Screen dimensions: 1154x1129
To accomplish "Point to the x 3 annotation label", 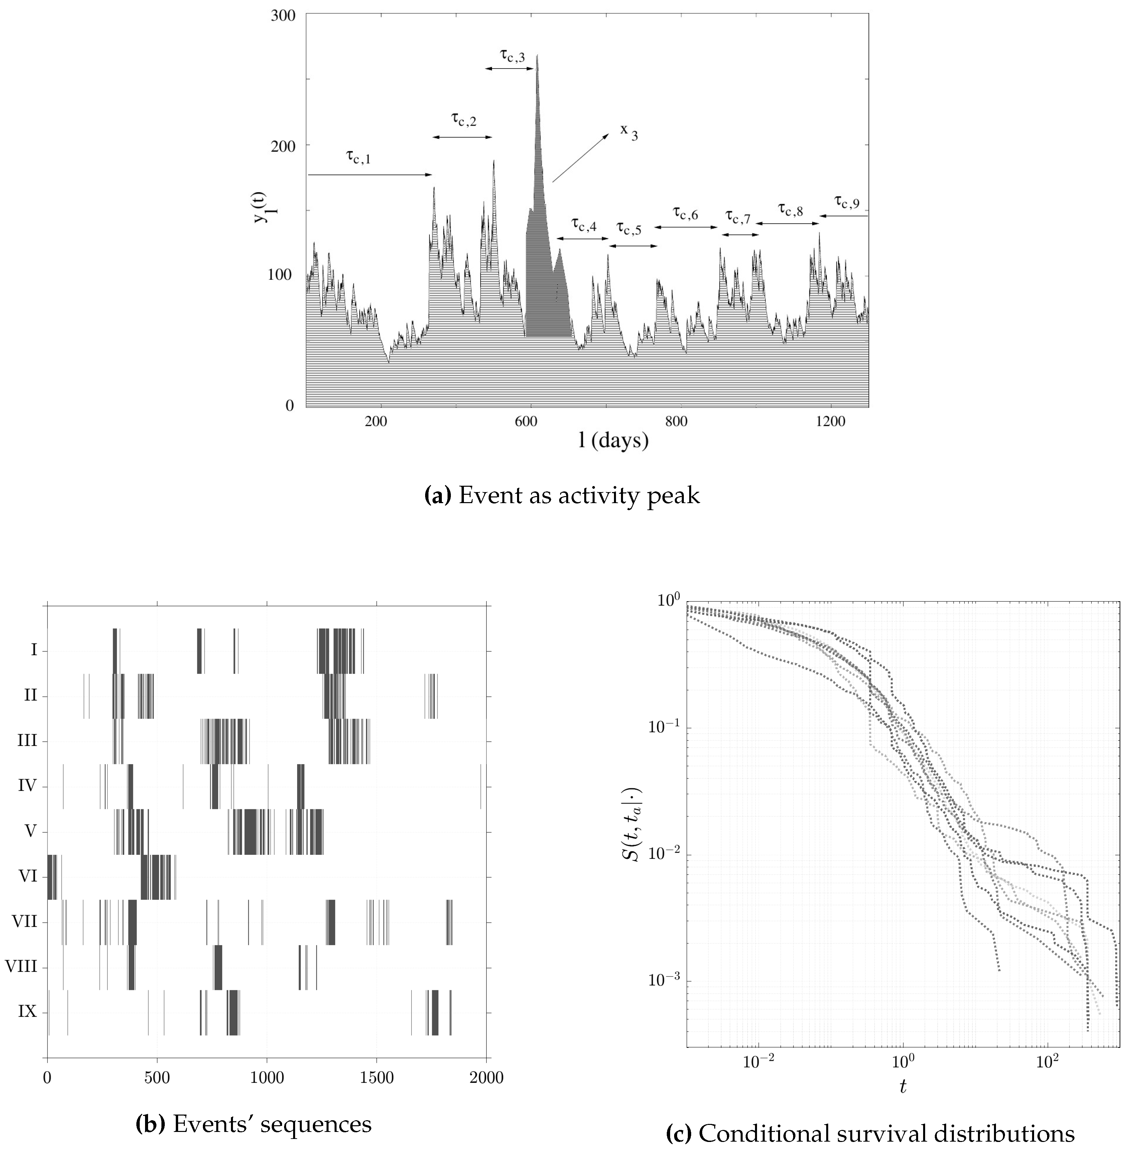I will coord(629,132).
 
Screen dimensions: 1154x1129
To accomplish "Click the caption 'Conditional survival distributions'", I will coord(870,1134).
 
